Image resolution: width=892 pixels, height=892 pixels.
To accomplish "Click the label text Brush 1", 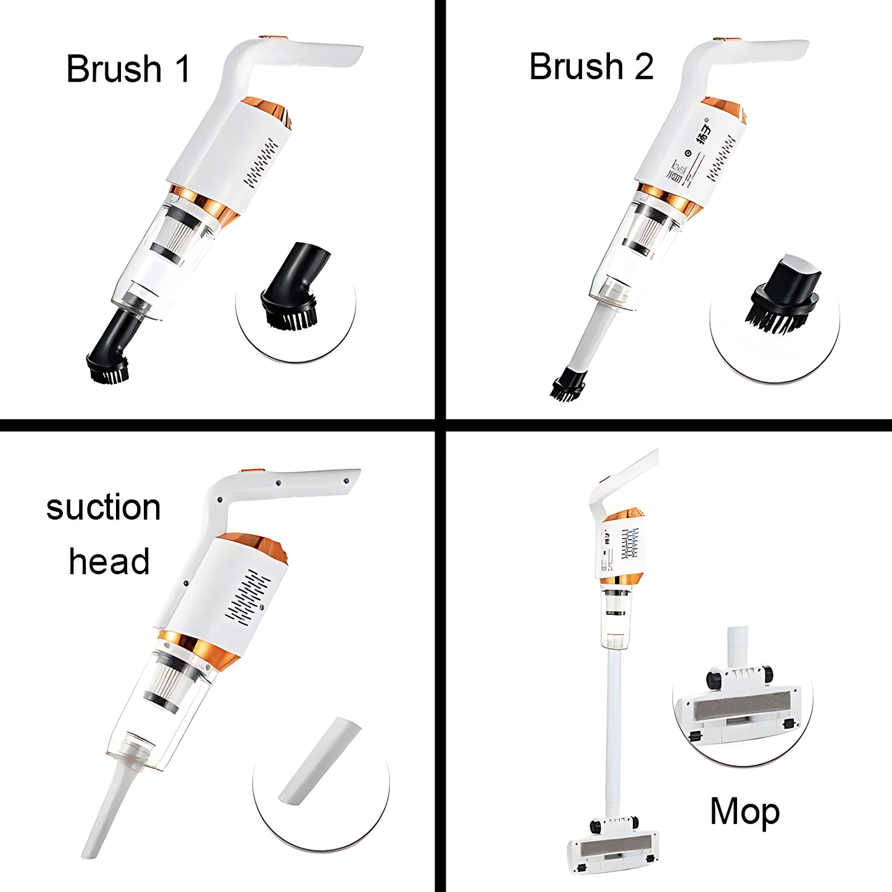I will [128, 69].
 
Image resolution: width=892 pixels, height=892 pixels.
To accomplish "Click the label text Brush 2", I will [591, 67].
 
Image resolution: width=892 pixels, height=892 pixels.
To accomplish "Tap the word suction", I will [103, 507].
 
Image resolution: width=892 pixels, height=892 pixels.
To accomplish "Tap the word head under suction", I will [109, 561].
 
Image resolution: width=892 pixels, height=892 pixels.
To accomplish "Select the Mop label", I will [744, 811].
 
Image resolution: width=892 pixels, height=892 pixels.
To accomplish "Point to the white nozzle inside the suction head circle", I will [320, 761].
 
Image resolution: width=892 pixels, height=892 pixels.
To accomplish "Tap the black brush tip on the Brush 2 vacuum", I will [567, 386].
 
